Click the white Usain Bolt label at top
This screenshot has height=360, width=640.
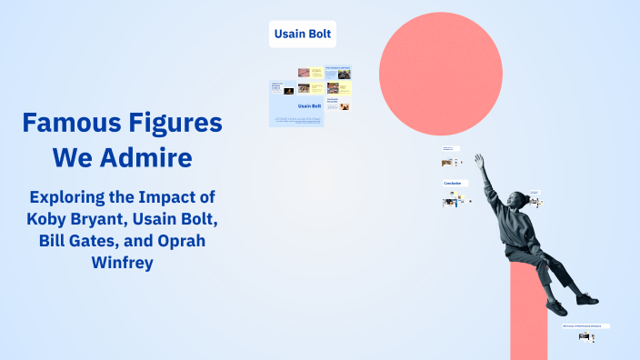pyautogui.click(x=303, y=35)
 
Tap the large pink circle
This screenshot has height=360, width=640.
pyautogui.click(x=440, y=74)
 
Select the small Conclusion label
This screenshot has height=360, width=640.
pyautogui.click(x=453, y=183)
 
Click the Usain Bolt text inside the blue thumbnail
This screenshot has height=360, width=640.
pyautogui.click(x=310, y=106)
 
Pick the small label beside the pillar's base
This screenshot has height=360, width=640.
pyautogui.click(x=585, y=325)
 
